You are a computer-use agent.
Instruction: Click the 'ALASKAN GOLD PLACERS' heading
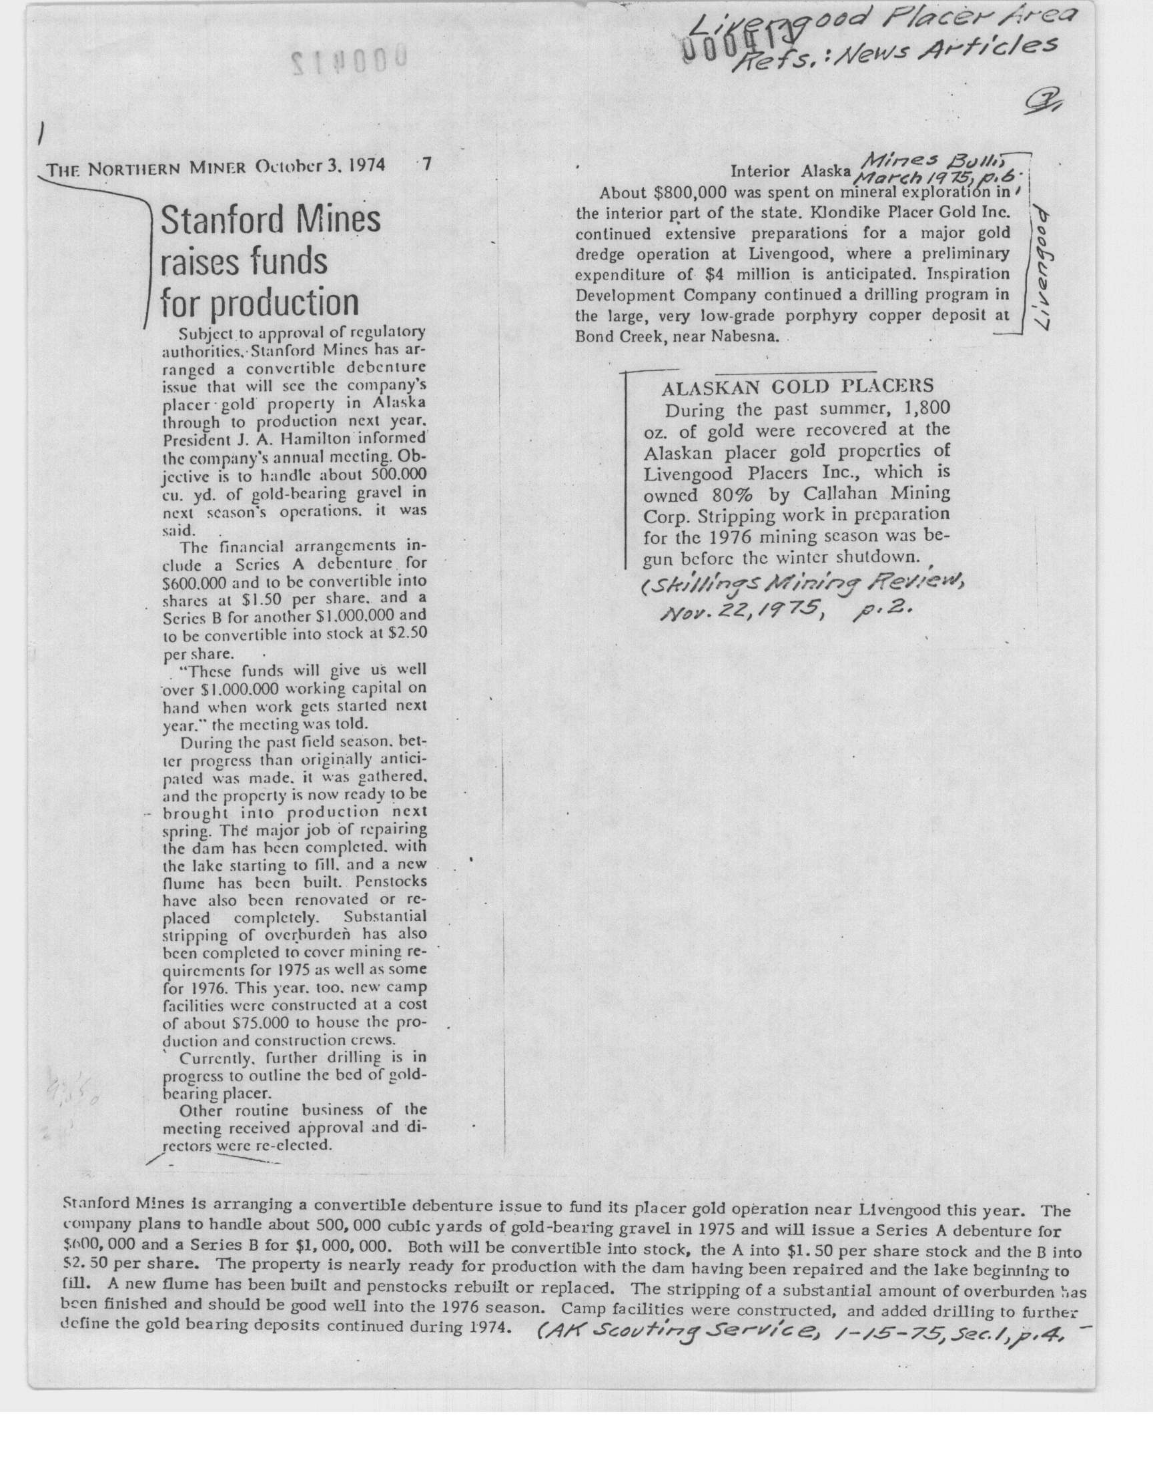[x=797, y=387]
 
